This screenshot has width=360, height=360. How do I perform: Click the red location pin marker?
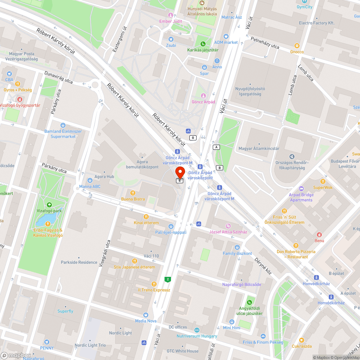[180, 171]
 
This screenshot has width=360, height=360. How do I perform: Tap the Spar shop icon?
[204, 67]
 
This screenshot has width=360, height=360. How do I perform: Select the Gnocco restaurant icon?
[297, 46]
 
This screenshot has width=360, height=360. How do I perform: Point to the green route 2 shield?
[167, 279]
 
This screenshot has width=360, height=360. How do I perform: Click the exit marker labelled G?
[193, 138]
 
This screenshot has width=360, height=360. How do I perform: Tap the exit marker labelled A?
[216, 147]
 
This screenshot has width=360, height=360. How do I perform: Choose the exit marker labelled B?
[219, 168]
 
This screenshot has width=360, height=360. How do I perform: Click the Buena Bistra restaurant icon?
[133, 193]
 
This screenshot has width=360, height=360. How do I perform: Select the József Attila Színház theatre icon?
[228, 226]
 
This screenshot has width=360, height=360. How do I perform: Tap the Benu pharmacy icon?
[319, 234]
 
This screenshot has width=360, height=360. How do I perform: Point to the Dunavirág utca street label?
[58, 77]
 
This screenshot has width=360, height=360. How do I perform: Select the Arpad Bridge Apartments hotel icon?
[301, 189]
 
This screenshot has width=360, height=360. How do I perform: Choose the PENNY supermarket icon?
[46, 342]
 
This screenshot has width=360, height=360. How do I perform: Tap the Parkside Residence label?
[79, 262]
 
